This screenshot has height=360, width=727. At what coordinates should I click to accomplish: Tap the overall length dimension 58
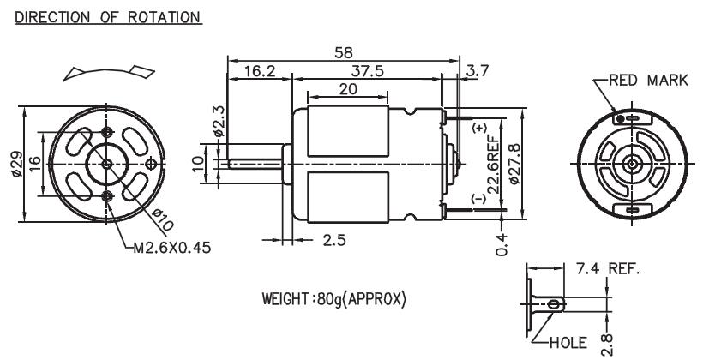point(341,52)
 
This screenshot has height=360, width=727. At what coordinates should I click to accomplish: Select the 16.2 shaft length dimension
point(259,71)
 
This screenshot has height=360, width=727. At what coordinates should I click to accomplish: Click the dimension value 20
point(347,88)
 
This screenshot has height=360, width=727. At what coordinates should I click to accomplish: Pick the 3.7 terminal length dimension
point(476,71)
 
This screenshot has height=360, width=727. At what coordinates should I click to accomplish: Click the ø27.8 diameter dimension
point(513,161)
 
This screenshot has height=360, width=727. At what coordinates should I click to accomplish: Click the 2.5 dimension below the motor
point(339,243)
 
